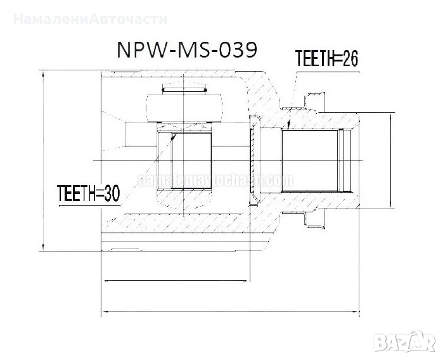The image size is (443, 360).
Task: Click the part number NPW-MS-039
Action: (186, 50)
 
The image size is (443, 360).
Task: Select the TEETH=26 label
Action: (327, 59)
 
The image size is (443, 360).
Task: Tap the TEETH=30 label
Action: (88, 192)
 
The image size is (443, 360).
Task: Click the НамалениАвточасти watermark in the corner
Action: (90, 18)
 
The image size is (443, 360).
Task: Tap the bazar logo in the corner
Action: (405, 342)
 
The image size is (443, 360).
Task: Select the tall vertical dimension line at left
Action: (43, 162)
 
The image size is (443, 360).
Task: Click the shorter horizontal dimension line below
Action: (177, 280)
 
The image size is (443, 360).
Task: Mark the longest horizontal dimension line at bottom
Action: (231, 311)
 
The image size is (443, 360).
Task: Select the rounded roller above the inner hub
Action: (183, 108)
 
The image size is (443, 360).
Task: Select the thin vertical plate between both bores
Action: (254, 162)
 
